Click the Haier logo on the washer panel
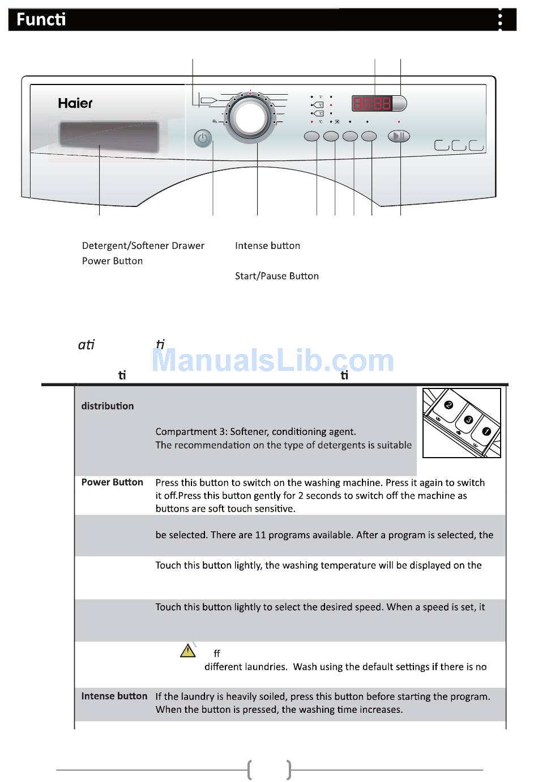click(75, 103)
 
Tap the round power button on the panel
click(203, 138)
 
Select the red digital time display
click(372, 103)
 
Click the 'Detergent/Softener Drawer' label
click(143, 246)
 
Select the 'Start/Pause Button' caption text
click(276, 276)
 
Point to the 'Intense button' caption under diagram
click(267, 246)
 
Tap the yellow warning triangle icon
click(188, 650)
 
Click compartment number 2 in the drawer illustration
click(449, 405)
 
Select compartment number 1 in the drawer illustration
click(486, 432)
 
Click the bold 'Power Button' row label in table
click(112, 482)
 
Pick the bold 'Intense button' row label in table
click(114, 696)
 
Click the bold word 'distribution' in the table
click(108, 406)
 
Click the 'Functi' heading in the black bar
click(41, 20)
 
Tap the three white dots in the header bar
click(499, 20)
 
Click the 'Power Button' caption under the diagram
click(112, 261)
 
